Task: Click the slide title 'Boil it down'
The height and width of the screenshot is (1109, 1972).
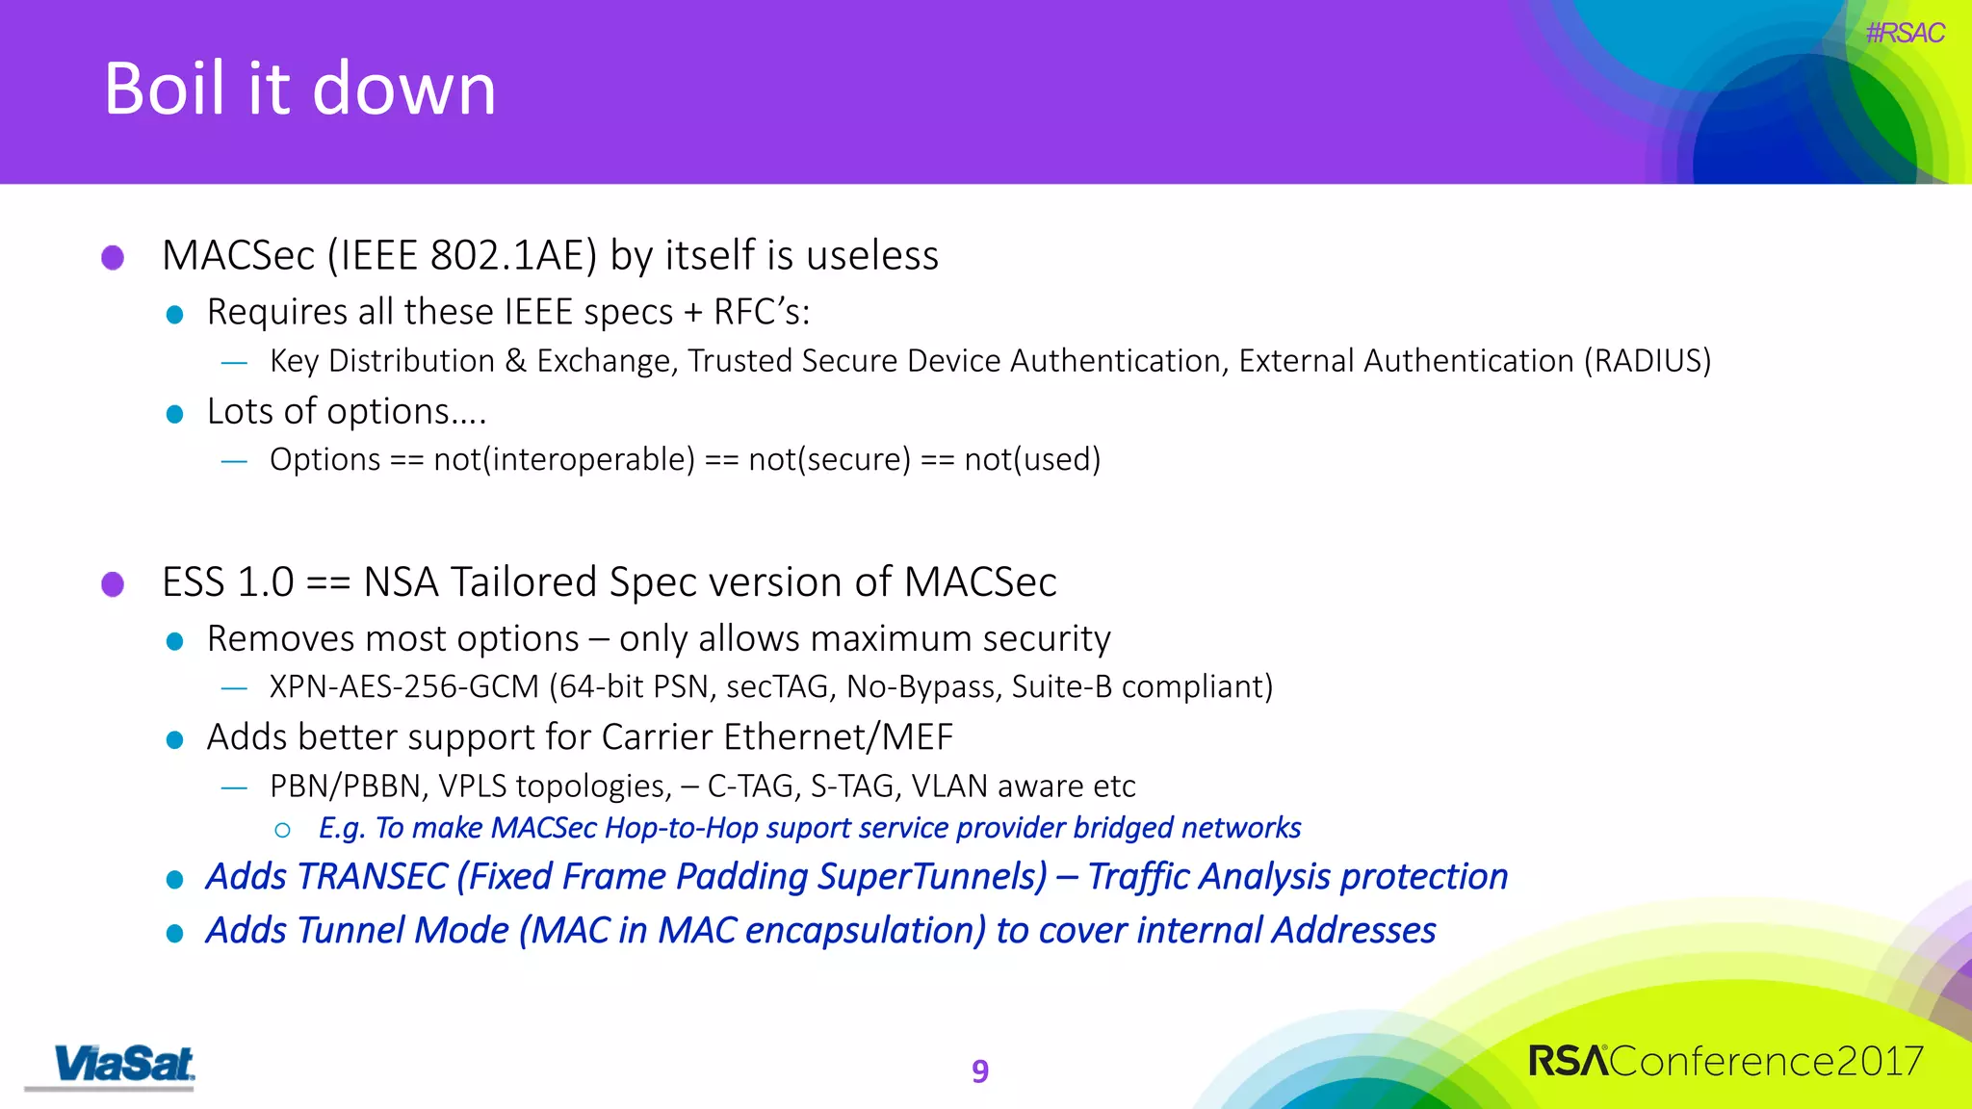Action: [299, 89]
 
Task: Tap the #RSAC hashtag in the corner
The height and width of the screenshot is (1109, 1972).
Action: [1904, 34]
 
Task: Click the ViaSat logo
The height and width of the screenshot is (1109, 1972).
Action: [123, 1065]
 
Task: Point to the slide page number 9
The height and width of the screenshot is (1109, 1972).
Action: [980, 1070]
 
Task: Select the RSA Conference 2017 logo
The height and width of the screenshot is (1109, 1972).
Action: [1725, 1061]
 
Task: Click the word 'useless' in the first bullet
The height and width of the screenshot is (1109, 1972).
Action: [871, 256]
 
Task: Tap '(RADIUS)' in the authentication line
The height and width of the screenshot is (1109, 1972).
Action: [1648, 361]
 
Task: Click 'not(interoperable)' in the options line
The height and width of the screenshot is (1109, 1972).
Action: [564, 460]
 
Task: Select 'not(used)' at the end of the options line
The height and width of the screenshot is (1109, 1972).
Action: [1032, 460]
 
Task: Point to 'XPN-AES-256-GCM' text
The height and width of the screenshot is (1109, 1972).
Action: [404, 687]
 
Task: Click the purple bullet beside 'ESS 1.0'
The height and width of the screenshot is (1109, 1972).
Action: [113, 583]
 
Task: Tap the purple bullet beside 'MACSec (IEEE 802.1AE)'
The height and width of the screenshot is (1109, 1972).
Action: [113, 257]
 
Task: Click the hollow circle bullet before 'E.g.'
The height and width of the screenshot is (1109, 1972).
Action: [282, 830]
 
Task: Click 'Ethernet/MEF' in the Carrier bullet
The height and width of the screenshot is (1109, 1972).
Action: [838, 737]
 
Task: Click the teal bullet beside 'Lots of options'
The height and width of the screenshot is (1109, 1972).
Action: [174, 414]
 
